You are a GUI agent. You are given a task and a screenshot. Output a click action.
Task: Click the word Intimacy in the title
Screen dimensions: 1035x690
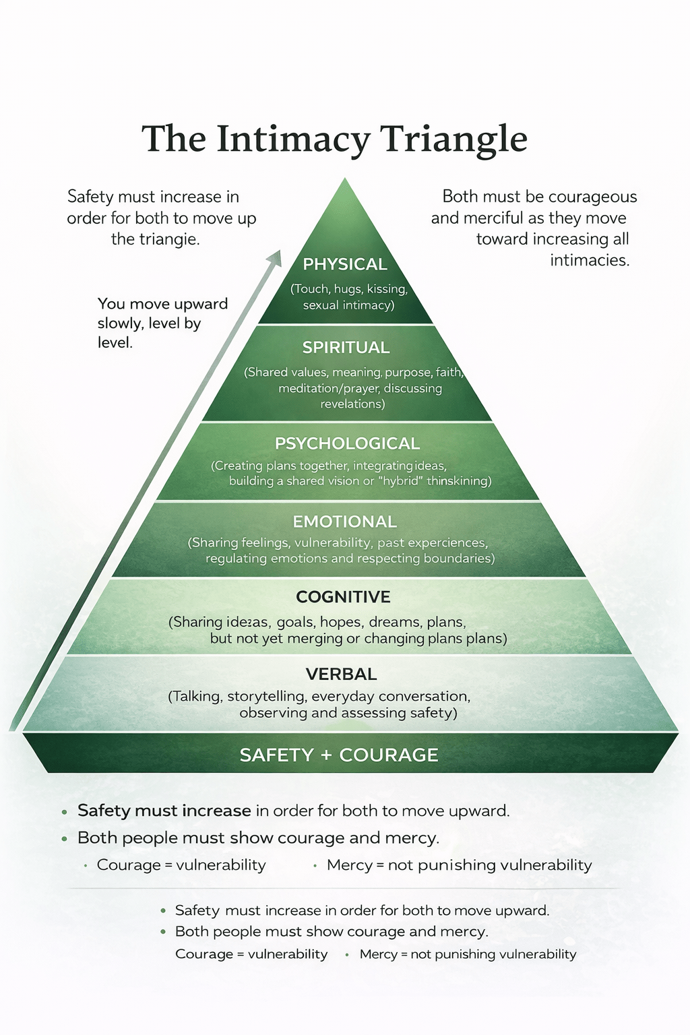[x=293, y=139]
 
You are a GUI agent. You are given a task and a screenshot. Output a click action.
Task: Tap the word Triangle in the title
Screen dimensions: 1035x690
[x=453, y=139]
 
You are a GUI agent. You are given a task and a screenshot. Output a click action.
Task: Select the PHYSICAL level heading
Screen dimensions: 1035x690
[x=345, y=264]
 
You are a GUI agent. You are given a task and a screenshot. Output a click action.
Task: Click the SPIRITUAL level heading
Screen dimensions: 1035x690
[x=346, y=348]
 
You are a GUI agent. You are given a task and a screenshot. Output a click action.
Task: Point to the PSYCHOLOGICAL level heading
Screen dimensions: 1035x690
[x=347, y=443]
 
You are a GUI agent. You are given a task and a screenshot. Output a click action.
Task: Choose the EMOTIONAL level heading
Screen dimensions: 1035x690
[x=344, y=522]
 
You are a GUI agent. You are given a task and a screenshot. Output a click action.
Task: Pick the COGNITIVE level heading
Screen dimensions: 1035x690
[x=343, y=597]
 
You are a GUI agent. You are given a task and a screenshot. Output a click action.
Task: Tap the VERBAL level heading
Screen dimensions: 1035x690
[x=341, y=674]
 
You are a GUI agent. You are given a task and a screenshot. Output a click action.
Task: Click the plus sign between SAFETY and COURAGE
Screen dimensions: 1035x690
[x=326, y=755]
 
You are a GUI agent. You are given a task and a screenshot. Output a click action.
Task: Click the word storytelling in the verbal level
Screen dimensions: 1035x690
[x=267, y=696]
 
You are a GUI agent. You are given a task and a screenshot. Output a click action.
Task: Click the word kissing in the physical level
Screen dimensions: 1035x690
[x=387, y=289]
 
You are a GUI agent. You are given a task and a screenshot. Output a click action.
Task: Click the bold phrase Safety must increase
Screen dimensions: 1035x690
[x=164, y=811]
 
